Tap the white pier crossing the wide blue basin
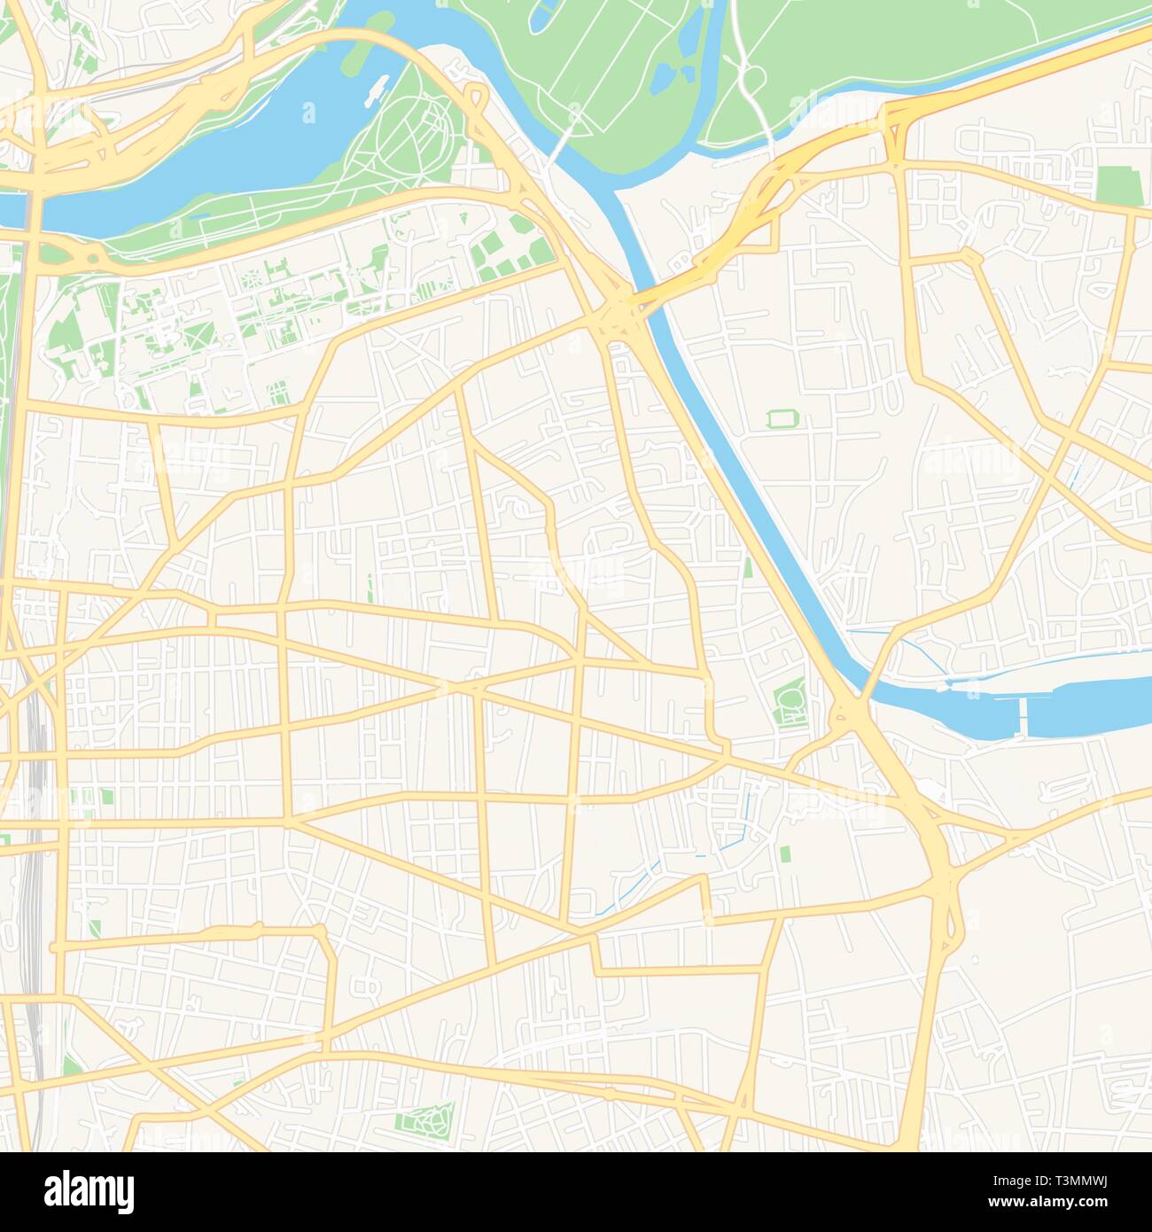tap(1023, 716)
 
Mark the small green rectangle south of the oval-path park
tap(784, 854)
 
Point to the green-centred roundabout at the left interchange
tap(90, 256)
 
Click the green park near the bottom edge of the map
tap(424, 1121)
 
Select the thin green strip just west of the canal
tap(748, 566)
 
